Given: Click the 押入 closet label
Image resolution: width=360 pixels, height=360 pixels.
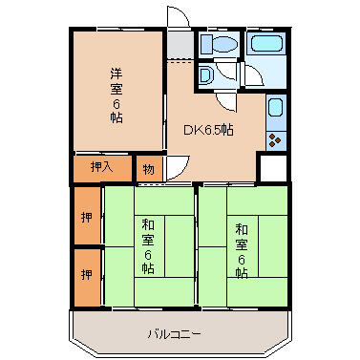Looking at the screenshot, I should pos(101,167).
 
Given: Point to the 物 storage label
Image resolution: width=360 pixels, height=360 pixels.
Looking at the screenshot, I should pos(148,168).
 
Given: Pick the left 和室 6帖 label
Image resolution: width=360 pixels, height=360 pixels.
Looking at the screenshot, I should pos(148,246).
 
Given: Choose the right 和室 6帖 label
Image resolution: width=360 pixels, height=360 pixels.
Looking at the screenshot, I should pos(241,247).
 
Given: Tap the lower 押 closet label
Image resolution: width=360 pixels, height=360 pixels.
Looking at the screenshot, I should pos(86,276).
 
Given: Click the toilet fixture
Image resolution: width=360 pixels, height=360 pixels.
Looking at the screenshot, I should pos(216,44).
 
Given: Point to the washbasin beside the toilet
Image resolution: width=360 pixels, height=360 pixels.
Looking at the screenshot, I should pos(206,75).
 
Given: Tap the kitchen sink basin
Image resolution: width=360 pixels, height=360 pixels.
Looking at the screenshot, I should pos(275,109).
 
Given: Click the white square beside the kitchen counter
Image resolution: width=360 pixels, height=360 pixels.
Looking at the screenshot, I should pos(273,167).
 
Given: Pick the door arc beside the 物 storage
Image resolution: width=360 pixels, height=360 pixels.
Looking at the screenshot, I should pos(175,168).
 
